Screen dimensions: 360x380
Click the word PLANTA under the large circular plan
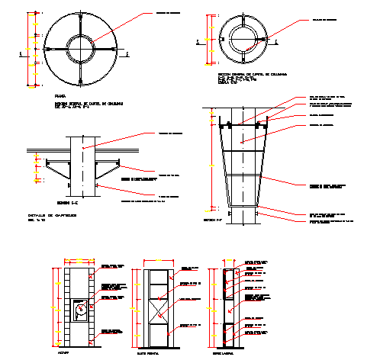[61, 97]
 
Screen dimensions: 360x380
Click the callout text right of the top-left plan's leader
[172, 14]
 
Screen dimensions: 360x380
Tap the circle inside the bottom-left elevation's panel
[79, 310]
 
